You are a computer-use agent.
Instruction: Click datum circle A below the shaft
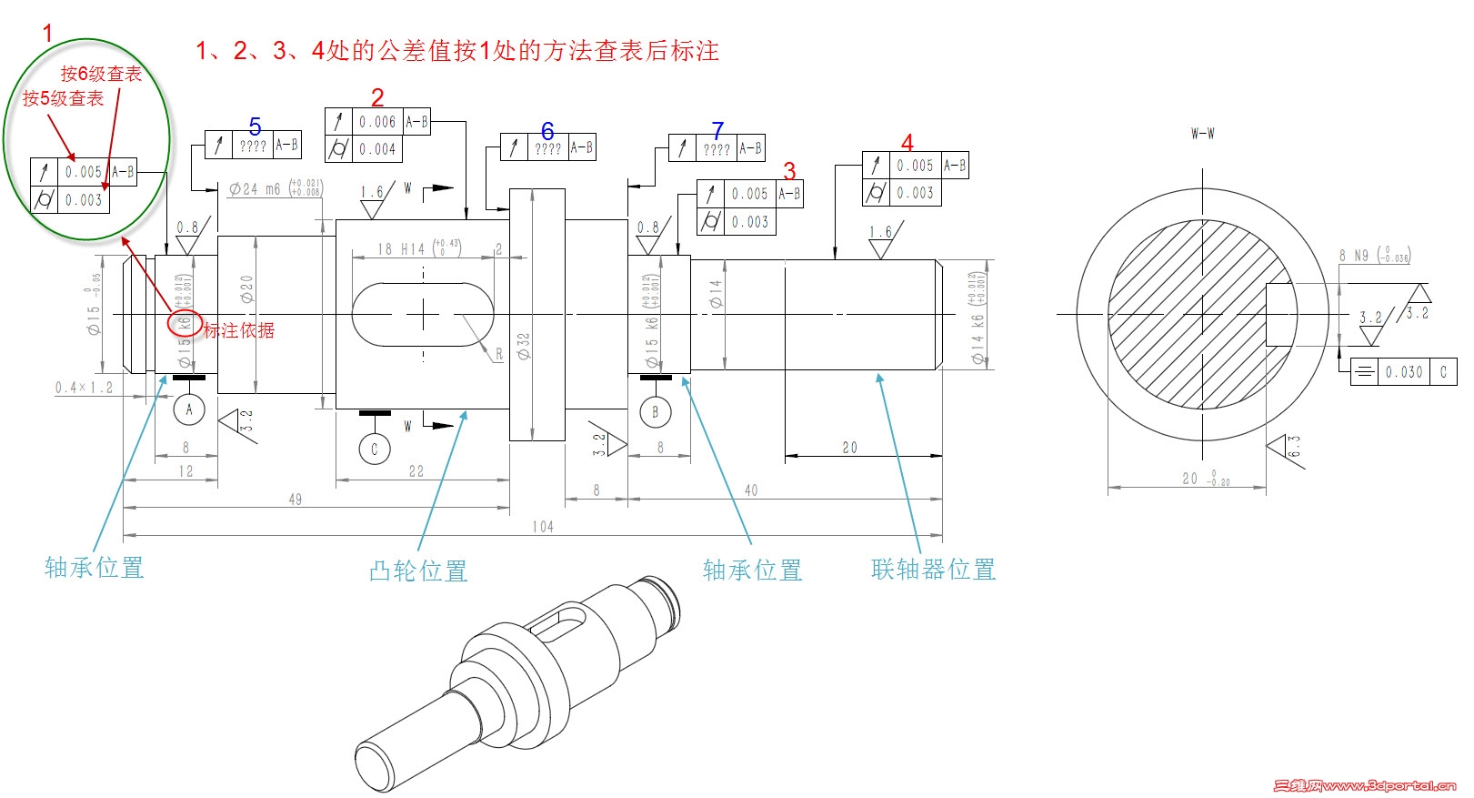coord(189,409)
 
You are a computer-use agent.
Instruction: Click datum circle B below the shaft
coord(655,412)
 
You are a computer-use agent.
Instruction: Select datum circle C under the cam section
coord(374,449)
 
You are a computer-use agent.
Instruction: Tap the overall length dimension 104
coord(543,527)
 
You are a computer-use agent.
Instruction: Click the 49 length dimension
coord(296,500)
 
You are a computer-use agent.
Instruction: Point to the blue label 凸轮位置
coord(418,571)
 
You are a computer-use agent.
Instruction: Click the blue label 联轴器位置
coord(933,570)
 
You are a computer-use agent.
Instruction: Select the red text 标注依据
coord(238,330)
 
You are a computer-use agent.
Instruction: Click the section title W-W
coord(1202,134)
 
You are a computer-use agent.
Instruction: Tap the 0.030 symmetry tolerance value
coord(1404,372)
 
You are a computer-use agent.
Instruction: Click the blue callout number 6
coord(547,131)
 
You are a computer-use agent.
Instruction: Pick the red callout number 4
coord(907,143)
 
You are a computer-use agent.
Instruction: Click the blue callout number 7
coord(717,131)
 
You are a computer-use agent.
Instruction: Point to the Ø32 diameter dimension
coord(524,346)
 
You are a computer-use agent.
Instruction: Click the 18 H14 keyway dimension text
coord(402,248)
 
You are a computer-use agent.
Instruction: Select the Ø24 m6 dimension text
coord(256,189)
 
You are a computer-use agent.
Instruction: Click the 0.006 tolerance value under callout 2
coord(377,122)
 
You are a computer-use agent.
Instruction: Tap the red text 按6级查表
coord(101,74)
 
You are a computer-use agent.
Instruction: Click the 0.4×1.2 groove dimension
coord(84,388)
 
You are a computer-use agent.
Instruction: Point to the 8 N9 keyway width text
coord(1353,256)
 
